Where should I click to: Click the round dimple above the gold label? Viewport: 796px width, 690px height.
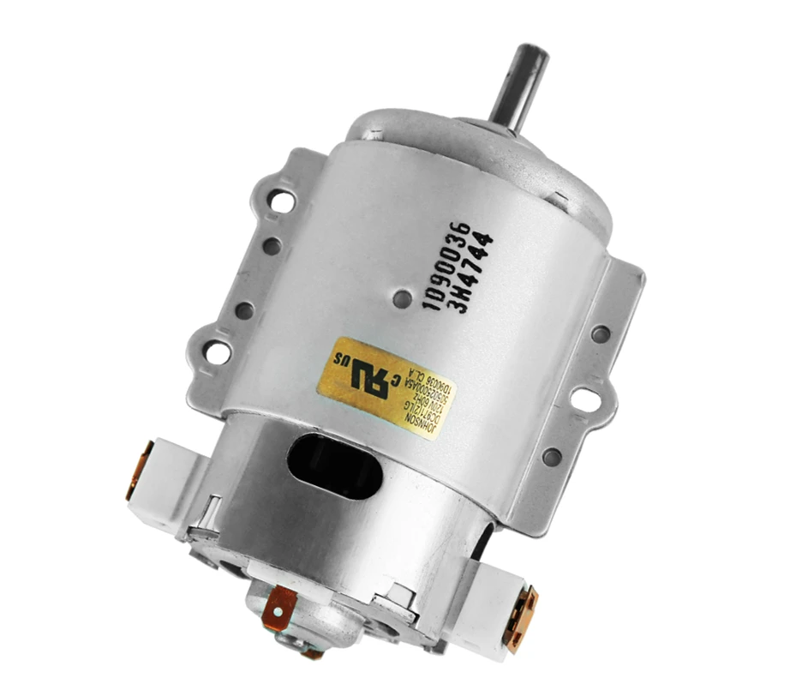point(403,298)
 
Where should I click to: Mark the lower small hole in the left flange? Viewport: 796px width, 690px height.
point(244,309)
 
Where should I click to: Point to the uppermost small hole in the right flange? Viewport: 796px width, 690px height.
point(601,333)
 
